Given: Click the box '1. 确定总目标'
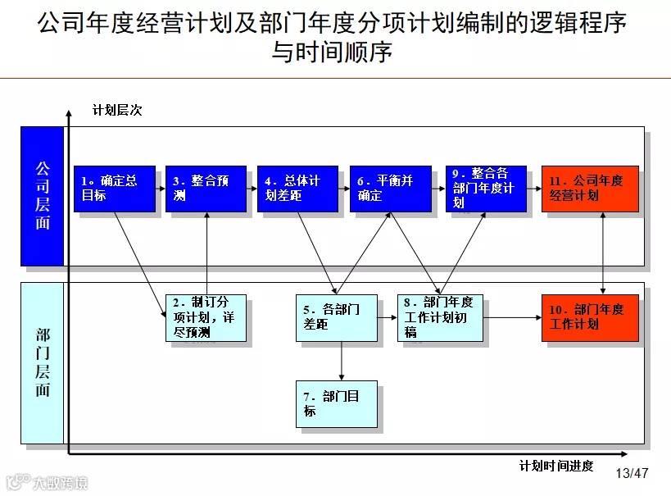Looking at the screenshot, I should point(115,189).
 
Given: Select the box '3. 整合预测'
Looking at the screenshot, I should point(206,189).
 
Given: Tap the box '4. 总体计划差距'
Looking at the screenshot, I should point(297,189).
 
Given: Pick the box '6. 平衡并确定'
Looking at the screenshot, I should point(389,189).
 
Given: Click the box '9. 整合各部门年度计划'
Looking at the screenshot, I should point(486,189).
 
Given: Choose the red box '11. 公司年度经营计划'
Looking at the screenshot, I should point(589,189).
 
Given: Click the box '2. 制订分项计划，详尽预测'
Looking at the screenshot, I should point(205,317).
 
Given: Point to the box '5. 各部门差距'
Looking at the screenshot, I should point(336,317).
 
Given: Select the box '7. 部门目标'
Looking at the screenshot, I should point(336,403).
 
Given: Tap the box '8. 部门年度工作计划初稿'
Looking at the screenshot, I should point(439,317).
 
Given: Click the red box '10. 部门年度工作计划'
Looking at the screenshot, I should point(589,317).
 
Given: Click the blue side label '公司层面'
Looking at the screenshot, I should point(43,196).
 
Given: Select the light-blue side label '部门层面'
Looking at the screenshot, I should point(43,362).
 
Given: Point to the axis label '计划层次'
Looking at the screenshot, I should point(117,110).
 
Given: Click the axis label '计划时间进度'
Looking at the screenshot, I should point(556,466).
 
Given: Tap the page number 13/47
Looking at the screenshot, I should point(632,474).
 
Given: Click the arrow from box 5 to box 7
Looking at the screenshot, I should point(341,361).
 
